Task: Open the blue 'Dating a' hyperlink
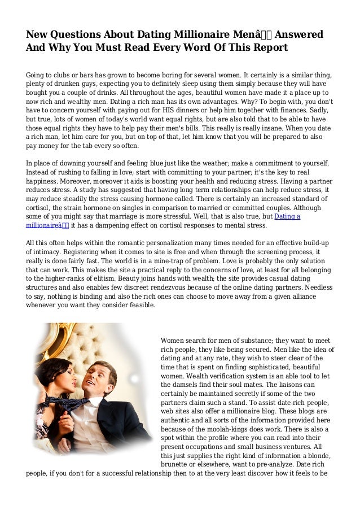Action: (287, 217)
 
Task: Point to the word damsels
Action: (186, 386)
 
